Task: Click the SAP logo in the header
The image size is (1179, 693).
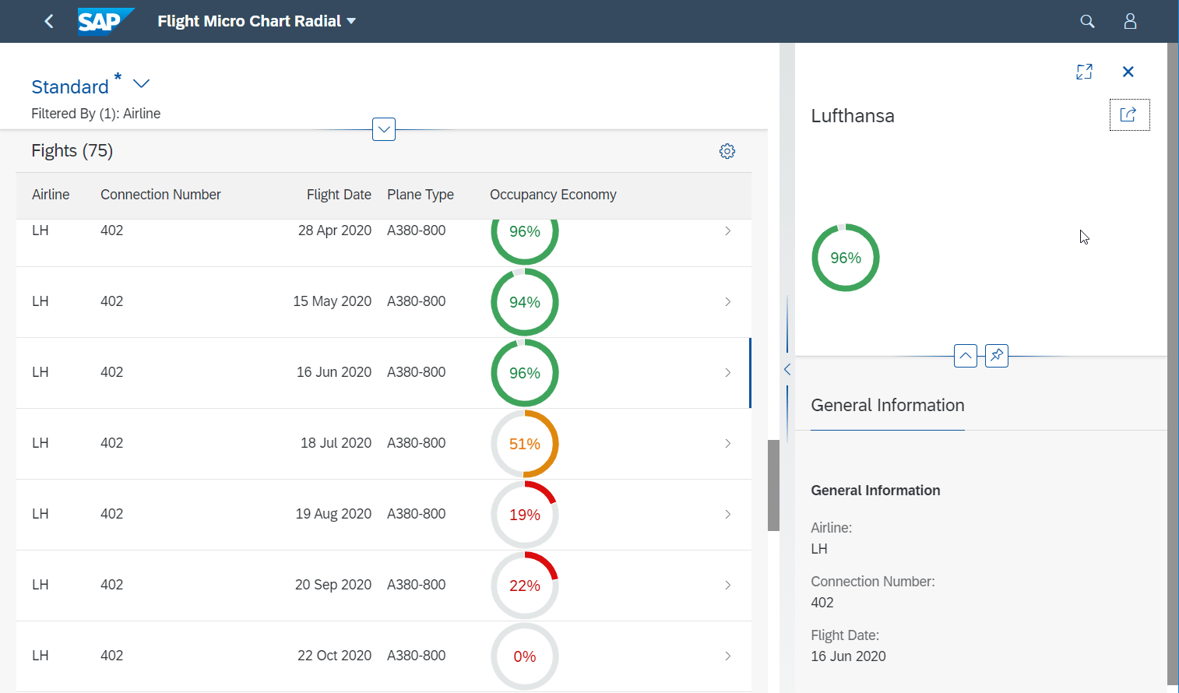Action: [105, 21]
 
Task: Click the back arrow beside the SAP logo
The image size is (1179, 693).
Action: [49, 21]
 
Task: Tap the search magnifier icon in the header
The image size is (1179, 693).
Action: [1087, 21]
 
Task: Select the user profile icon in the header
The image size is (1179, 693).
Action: [1130, 21]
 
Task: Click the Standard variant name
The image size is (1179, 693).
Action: [70, 86]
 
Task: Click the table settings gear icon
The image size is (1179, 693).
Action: [727, 151]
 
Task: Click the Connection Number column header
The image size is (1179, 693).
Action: [160, 195]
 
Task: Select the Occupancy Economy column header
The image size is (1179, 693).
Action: [553, 195]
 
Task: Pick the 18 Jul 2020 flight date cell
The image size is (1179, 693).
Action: [336, 443]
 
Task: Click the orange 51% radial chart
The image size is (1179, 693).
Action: [525, 444]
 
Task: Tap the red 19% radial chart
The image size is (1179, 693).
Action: [525, 515]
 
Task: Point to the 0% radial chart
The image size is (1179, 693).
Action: [525, 656]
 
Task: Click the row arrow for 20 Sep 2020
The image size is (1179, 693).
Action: [727, 585]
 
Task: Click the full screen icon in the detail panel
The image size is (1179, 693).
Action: [1084, 72]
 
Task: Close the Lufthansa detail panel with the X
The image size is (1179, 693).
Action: [1128, 72]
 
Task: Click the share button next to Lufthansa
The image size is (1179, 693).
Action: [1129, 115]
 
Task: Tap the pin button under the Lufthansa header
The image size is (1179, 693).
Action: [997, 356]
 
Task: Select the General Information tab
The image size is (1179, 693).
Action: [888, 406]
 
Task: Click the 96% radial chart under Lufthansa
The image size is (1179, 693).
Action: [846, 258]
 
